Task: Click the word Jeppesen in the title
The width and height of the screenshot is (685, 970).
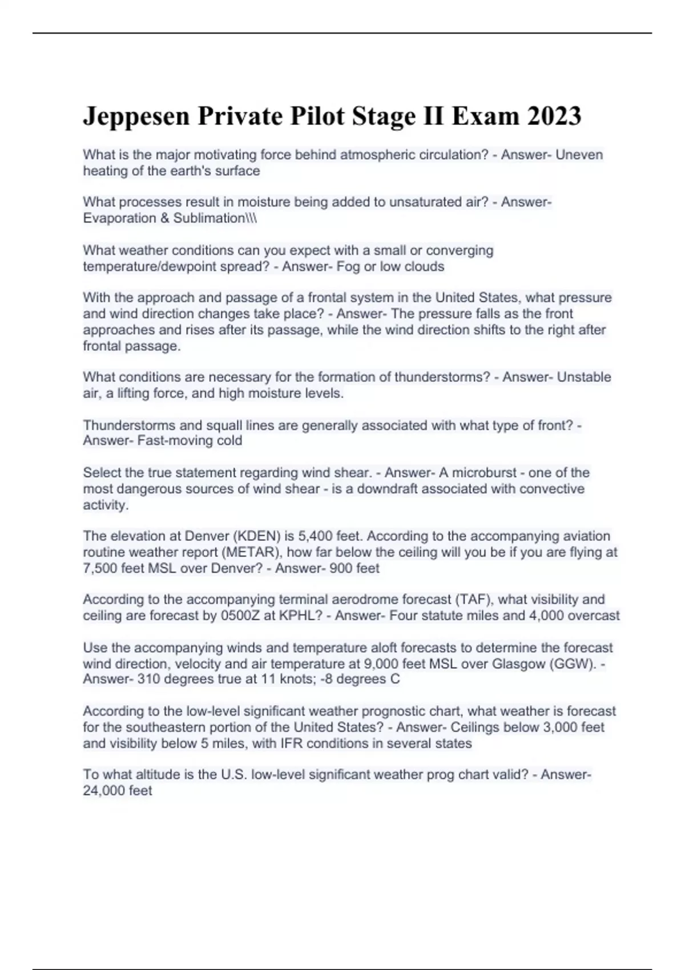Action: coord(136,116)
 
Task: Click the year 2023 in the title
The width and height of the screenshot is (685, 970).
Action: coord(554,116)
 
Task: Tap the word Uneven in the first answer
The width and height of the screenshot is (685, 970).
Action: coord(579,155)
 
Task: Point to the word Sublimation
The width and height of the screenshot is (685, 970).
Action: coord(209,218)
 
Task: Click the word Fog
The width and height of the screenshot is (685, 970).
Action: coord(348,266)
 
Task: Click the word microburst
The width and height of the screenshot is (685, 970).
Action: coord(484,472)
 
